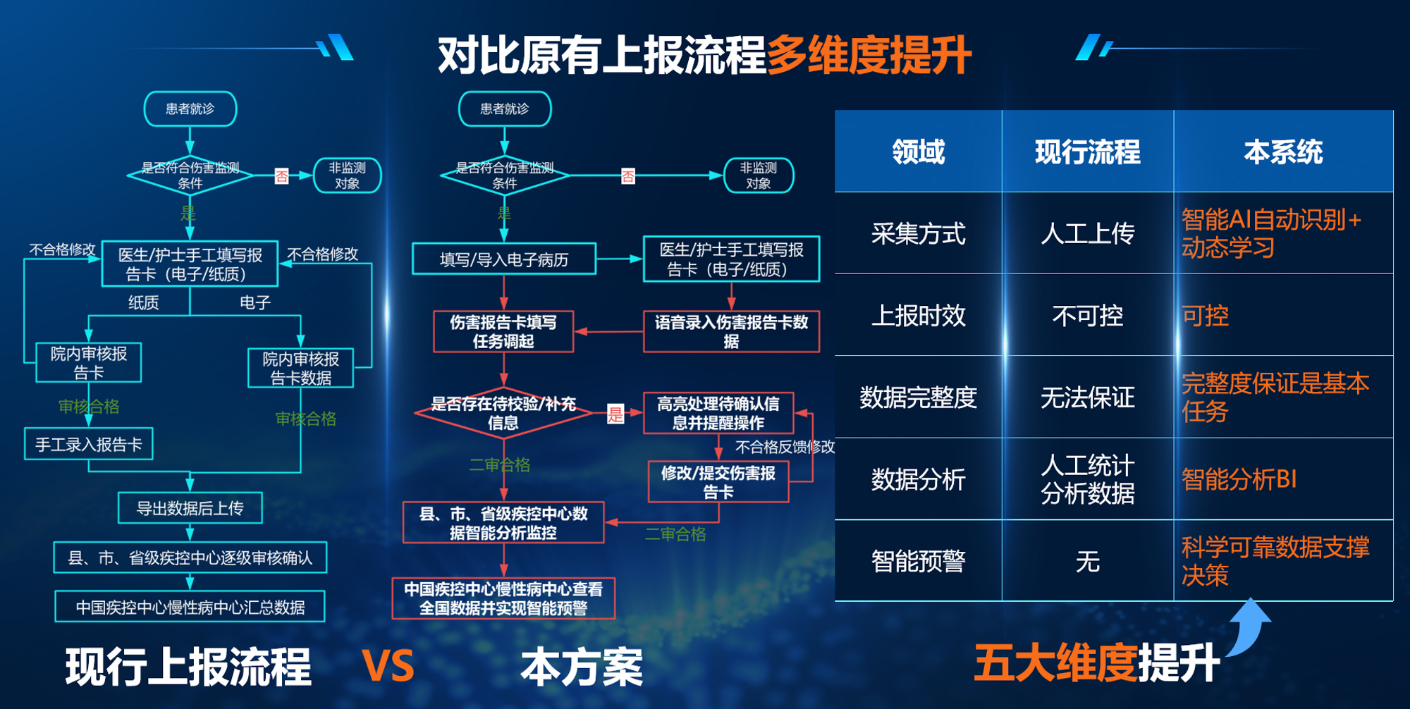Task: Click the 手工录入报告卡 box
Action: (x=89, y=444)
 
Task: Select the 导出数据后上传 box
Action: (x=190, y=508)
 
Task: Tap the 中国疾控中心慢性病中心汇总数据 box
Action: (x=190, y=607)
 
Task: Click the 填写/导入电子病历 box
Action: (x=503, y=259)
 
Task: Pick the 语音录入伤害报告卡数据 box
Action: (x=731, y=331)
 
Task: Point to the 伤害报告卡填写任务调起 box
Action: (x=503, y=331)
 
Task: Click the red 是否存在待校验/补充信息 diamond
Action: (x=503, y=413)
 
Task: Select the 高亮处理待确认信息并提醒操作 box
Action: (x=718, y=413)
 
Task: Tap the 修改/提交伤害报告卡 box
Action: (x=718, y=482)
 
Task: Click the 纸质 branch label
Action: (x=143, y=303)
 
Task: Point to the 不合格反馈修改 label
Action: (x=784, y=447)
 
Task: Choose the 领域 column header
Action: (x=918, y=152)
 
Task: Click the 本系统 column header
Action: (x=1283, y=152)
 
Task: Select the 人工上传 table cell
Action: (x=1087, y=233)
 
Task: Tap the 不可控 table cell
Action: (x=1087, y=315)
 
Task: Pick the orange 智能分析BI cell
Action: (x=1239, y=479)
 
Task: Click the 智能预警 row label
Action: (x=918, y=561)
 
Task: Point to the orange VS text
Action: (x=388, y=665)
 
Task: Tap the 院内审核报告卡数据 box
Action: (x=300, y=368)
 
